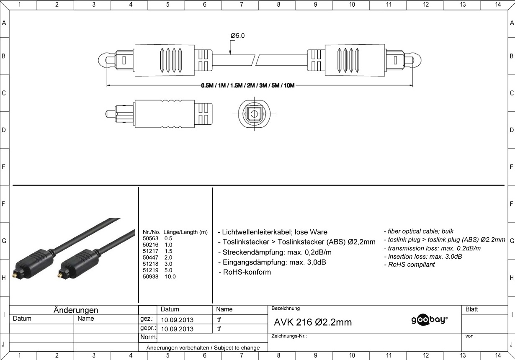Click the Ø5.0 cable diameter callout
point(237,36)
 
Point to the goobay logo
point(430,320)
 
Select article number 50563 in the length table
point(150,238)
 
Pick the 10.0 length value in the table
point(170,277)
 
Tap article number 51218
point(150,264)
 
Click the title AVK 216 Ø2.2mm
point(313,322)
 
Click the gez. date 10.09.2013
point(177,320)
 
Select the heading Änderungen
point(76,310)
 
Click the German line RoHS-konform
point(245,272)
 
